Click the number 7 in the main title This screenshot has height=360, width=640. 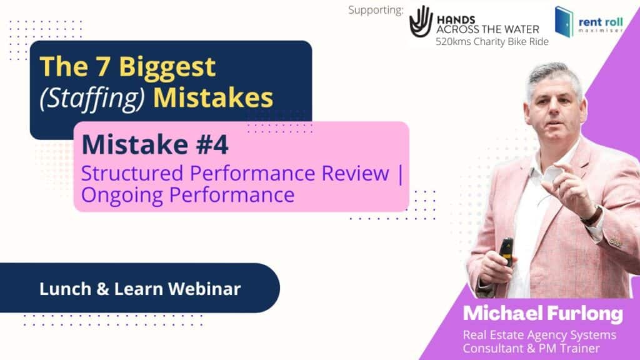click(x=103, y=66)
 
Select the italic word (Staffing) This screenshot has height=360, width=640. click(x=92, y=98)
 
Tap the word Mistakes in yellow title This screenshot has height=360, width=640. click(x=213, y=97)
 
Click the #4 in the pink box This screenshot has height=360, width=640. click(x=212, y=144)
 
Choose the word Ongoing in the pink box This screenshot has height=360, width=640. click(x=122, y=196)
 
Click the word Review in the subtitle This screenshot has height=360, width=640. click(x=355, y=173)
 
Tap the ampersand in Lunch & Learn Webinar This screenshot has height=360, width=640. click(x=103, y=289)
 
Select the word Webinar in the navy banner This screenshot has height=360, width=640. click(x=204, y=289)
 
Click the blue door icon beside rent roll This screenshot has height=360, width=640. click(x=564, y=22)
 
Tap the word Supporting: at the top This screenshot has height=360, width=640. click(x=376, y=10)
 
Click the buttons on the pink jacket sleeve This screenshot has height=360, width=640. click(x=616, y=242)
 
